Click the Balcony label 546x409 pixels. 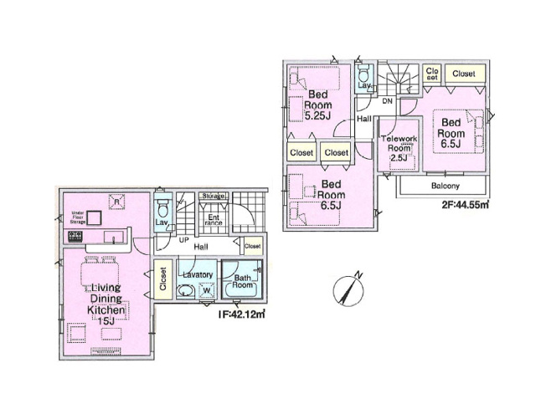444,185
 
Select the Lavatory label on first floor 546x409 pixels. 198,275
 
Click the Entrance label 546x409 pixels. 214,220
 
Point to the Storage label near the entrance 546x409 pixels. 213,197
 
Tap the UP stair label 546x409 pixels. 183,241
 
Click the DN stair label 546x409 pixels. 387,101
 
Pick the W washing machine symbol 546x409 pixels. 208,291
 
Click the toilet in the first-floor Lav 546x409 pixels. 163,206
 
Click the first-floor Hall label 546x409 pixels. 201,248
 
